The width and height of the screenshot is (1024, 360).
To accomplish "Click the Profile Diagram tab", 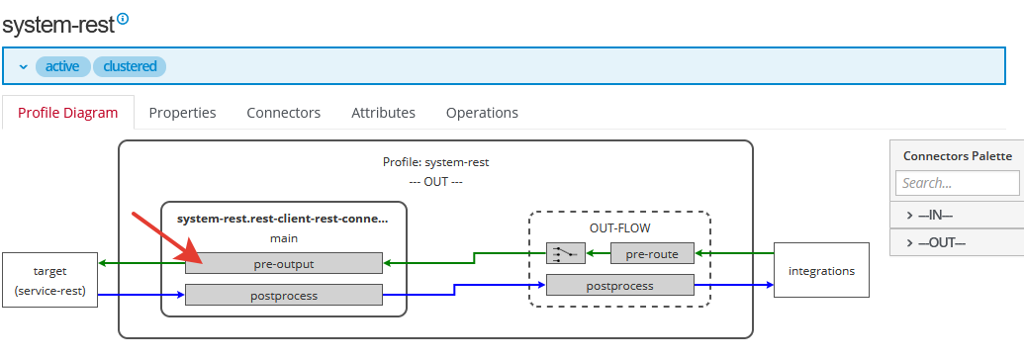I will pyautogui.click(x=67, y=113).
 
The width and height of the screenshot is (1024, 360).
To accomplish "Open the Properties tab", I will pyautogui.click(x=182, y=113).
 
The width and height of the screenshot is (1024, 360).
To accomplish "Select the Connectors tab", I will pyautogui.click(x=283, y=113).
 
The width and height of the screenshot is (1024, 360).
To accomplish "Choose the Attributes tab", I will pyautogui.click(x=383, y=113).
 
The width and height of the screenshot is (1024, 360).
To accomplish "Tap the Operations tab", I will pyautogui.click(x=482, y=113).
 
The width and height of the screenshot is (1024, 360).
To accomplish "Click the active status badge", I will pyautogui.click(x=62, y=66).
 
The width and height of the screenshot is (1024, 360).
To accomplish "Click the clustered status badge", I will pyautogui.click(x=130, y=66).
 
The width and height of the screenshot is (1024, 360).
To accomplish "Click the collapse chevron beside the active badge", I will pyautogui.click(x=24, y=66).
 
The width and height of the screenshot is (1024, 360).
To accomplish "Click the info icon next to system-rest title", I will pyautogui.click(x=123, y=19).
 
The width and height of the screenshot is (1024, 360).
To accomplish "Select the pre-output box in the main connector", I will pyautogui.click(x=283, y=263).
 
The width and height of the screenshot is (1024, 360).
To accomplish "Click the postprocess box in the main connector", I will pyautogui.click(x=283, y=294).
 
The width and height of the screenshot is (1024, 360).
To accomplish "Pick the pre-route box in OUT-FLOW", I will pyautogui.click(x=652, y=254).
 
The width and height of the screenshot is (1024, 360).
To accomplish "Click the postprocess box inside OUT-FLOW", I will pyautogui.click(x=620, y=286).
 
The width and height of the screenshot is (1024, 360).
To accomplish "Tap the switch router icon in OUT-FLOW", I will pyautogui.click(x=566, y=254).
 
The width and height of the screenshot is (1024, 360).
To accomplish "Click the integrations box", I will pyautogui.click(x=821, y=270).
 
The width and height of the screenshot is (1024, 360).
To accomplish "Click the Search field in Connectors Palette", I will pyautogui.click(x=957, y=183).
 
